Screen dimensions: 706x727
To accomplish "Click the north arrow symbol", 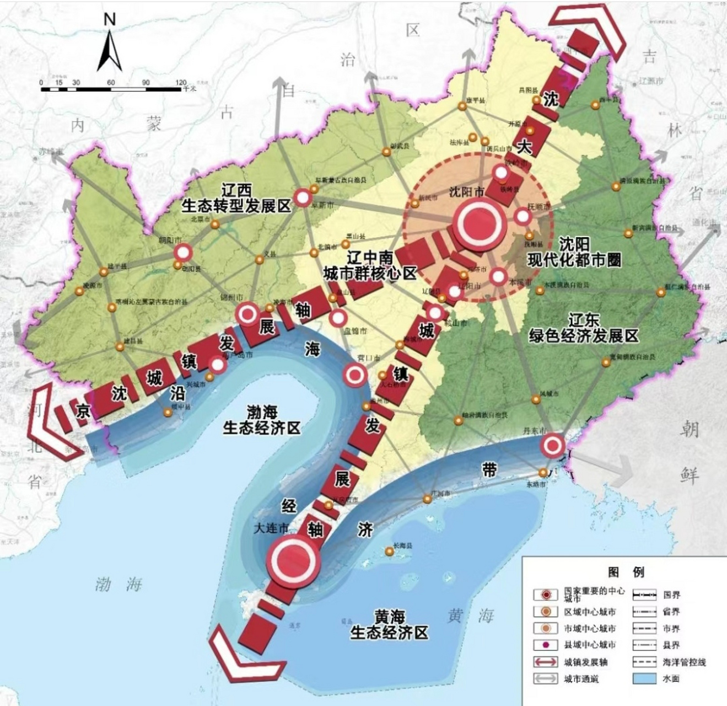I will (110, 47).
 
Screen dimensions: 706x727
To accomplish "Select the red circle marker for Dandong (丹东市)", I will (553, 445).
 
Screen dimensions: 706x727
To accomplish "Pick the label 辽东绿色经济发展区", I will (584, 328).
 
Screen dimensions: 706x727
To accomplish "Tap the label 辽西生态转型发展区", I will (236, 199).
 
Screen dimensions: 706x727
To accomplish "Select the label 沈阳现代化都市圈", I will (574, 253).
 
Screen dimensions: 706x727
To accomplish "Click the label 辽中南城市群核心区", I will (370, 265).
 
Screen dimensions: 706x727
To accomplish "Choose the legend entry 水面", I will (671, 678).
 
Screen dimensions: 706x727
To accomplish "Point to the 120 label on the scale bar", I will (181, 83).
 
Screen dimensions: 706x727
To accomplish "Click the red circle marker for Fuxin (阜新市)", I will (303, 197).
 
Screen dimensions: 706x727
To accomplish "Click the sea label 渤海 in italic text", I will (118, 584).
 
